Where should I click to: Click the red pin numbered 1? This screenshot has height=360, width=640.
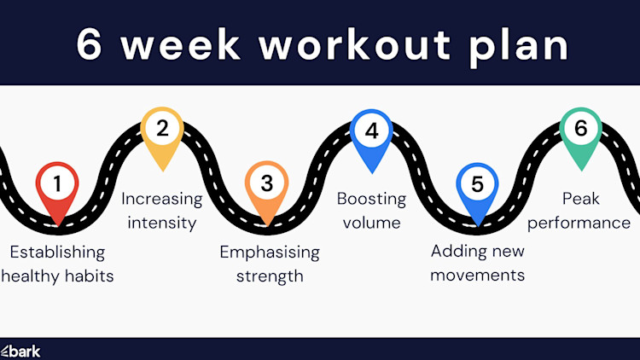[57, 185]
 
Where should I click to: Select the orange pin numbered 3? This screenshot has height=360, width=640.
[266, 185]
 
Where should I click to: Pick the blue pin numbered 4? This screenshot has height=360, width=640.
[371, 132]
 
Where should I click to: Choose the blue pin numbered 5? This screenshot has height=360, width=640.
[476, 185]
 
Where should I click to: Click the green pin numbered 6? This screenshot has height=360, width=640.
[581, 131]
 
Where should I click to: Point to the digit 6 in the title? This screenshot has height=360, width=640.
[90, 45]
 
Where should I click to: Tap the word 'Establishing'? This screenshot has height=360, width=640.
[57, 253]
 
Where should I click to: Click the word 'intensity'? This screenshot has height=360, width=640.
[162, 224]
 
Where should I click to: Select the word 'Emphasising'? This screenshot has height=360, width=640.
[270, 253]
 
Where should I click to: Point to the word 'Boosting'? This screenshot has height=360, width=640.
[371, 199]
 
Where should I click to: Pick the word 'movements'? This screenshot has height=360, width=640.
[478, 275]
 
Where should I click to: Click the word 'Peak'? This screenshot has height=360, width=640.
[581, 199]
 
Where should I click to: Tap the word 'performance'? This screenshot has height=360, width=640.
[584, 224]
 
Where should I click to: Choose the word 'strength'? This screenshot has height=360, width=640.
[270, 276]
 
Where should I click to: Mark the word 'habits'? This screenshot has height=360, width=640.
[88, 276]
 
